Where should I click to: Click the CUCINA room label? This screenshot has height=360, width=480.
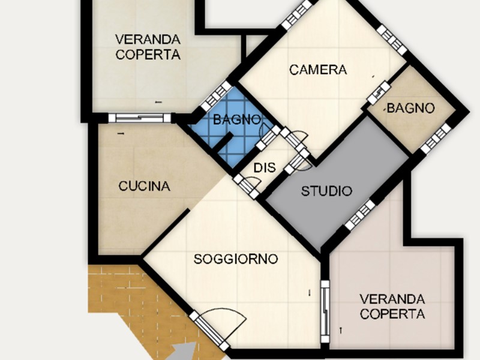[144, 186]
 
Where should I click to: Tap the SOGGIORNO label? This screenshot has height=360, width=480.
[236, 259]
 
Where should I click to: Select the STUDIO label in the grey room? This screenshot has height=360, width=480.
[326, 191]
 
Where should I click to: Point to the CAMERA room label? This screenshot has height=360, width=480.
[318, 70]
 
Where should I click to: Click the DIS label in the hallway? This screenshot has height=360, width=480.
[265, 168]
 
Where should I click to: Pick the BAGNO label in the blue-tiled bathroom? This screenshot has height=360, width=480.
[237, 119]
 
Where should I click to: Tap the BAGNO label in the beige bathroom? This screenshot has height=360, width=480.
[410, 108]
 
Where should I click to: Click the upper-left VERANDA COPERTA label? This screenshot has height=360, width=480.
[148, 47]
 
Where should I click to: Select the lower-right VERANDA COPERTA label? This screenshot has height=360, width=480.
[392, 307]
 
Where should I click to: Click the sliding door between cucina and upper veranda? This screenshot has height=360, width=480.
[140, 118]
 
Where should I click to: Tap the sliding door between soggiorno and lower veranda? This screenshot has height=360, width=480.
[325, 311]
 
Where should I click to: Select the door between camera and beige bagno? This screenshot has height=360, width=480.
[379, 93]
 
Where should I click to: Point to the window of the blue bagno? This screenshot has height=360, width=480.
[217, 96]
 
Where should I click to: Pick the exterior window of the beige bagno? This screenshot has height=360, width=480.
[436, 139]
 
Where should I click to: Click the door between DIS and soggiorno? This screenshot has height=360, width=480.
[246, 187]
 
